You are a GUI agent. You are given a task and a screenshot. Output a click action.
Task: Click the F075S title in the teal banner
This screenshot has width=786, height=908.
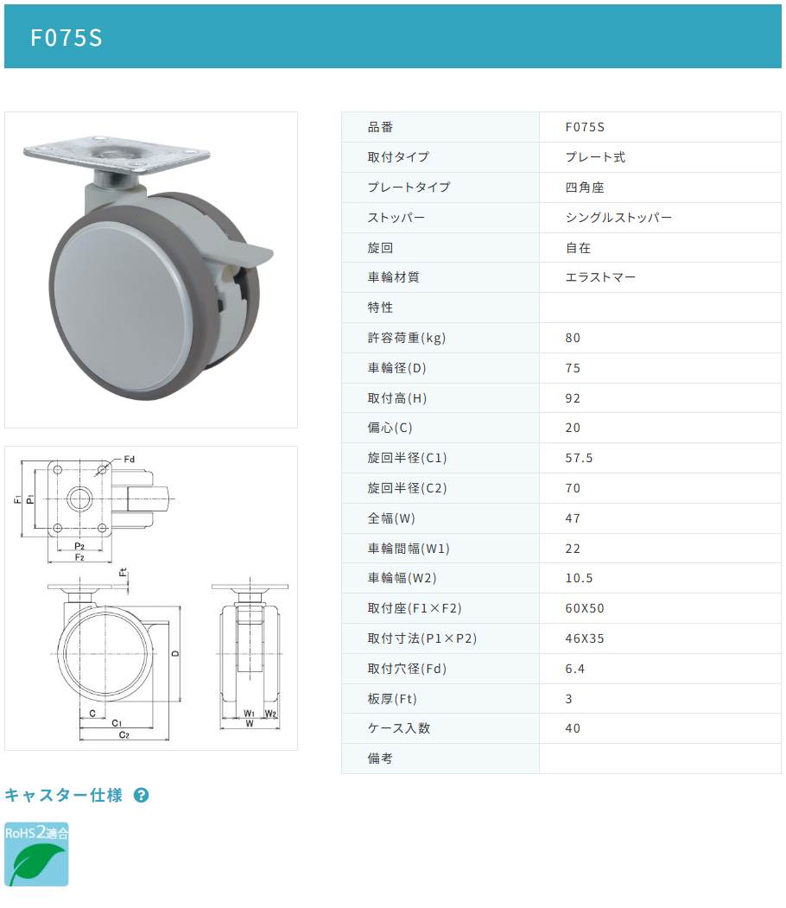click(66, 38)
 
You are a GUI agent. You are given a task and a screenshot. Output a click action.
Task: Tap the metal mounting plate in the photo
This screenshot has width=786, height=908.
click(117, 155)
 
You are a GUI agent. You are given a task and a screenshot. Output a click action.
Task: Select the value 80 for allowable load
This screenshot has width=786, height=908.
click(573, 338)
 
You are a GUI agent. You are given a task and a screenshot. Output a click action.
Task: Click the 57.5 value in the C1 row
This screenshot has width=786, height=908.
click(579, 458)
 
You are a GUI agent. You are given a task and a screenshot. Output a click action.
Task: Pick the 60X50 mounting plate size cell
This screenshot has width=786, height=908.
click(585, 608)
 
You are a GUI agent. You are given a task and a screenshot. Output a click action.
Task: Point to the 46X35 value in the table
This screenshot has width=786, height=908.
click(585, 638)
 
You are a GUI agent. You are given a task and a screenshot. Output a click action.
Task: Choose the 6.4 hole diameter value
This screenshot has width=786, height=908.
click(574, 669)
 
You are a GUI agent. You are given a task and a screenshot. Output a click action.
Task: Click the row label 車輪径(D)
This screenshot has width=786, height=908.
click(396, 368)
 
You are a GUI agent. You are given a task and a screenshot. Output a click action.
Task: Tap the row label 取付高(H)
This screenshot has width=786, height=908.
click(397, 397)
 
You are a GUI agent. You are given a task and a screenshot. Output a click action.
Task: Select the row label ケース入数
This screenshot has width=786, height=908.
click(399, 728)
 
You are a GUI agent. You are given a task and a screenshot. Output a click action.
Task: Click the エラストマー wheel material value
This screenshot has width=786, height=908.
click(600, 277)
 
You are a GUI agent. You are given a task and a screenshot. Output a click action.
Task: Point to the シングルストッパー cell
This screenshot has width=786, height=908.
click(618, 217)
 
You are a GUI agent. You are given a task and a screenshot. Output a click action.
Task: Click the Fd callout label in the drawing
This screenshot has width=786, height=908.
click(129, 460)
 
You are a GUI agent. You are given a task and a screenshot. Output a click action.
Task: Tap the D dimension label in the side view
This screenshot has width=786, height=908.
click(175, 653)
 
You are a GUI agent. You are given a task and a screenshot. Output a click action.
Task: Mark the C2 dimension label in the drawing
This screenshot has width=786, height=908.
click(124, 735)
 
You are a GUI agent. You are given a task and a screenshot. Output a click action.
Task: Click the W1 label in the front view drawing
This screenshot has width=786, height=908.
click(249, 714)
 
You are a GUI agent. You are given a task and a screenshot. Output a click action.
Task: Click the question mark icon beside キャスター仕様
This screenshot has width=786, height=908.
click(142, 795)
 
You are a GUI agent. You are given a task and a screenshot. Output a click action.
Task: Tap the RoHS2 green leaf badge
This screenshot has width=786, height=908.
click(36, 854)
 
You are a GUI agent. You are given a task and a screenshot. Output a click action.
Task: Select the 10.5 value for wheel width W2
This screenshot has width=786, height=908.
click(579, 578)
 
